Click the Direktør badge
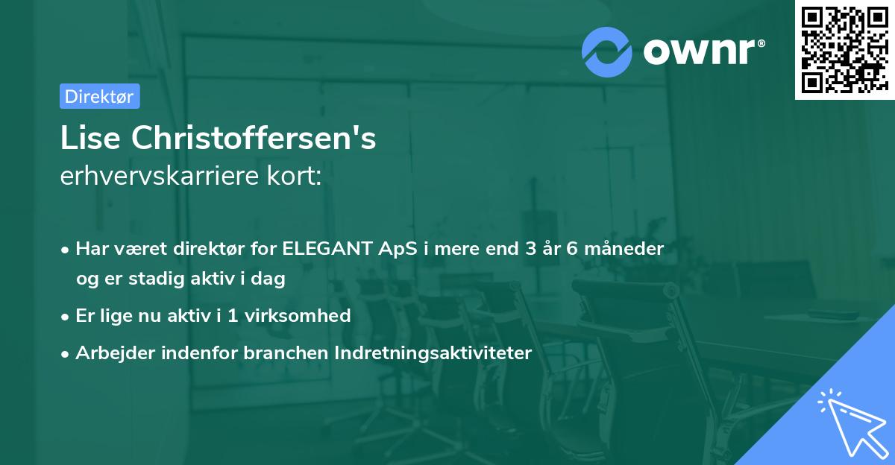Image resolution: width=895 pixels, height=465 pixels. (99, 96)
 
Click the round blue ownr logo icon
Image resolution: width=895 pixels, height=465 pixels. (606, 51)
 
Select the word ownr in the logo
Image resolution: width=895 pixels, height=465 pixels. (703, 51)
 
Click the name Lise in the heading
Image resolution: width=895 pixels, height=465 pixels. (91, 138)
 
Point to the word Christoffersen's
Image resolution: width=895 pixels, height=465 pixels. (254, 138)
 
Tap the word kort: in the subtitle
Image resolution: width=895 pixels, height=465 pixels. (299, 177)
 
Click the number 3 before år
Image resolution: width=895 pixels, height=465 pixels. (530, 248)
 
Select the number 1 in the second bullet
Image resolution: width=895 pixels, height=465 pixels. (232, 315)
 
